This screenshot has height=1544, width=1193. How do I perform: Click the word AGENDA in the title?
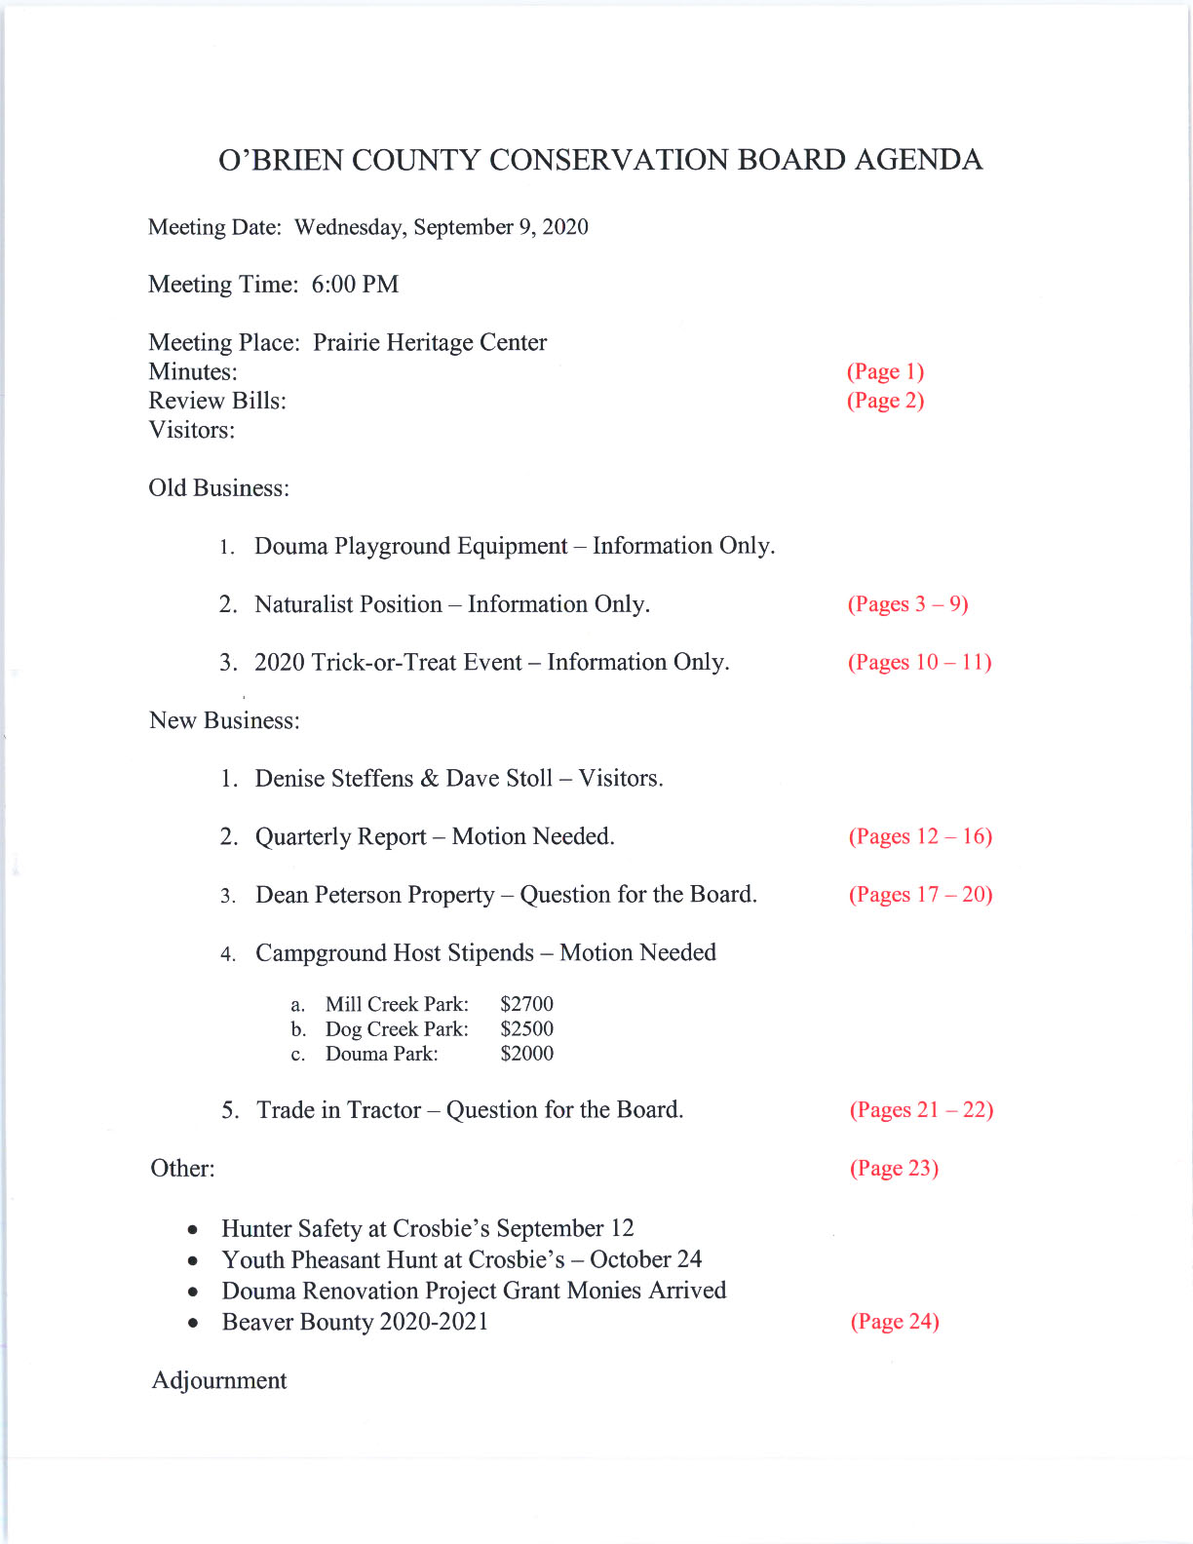(918, 160)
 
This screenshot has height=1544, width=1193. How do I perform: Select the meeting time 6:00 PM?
(355, 285)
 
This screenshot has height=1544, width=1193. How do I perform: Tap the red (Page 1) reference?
(885, 371)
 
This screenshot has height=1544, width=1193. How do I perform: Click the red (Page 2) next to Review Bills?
(885, 401)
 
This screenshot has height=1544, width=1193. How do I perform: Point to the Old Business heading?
(218, 488)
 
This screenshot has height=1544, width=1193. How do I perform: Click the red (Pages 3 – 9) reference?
(907, 604)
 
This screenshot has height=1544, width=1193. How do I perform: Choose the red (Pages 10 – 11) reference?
(919, 663)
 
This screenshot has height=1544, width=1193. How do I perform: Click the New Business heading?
(224, 721)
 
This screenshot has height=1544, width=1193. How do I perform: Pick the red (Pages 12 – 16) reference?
(920, 836)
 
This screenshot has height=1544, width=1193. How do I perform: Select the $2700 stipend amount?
(526, 1004)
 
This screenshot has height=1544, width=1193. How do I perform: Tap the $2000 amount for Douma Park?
(526, 1054)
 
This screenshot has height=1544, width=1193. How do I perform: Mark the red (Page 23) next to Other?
(894, 1168)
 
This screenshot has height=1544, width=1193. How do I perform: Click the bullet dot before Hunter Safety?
(195, 1230)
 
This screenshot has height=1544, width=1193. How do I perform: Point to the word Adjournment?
(219, 1380)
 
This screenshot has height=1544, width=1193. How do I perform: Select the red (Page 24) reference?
(895, 1322)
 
